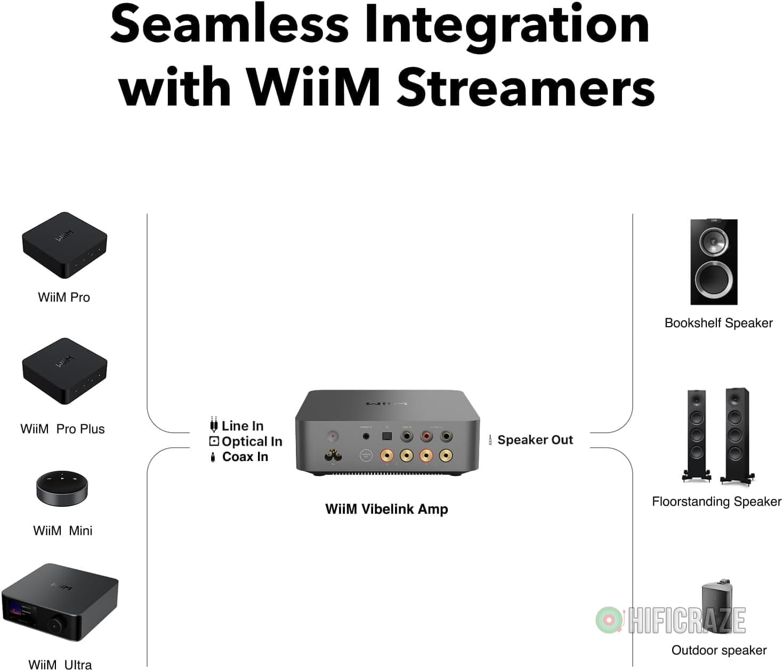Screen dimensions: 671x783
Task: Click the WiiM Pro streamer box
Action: [x=64, y=245]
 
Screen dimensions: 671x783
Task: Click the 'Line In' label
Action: [x=242, y=426]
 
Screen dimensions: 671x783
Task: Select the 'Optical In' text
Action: [x=252, y=441]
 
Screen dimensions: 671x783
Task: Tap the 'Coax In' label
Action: [x=245, y=457]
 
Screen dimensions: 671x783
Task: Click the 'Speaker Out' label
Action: [x=535, y=440]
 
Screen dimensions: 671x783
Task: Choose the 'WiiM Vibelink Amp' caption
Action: [x=386, y=509]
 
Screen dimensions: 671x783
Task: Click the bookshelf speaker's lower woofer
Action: [x=714, y=278]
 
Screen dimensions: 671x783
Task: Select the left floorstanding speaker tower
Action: [x=697, y=434]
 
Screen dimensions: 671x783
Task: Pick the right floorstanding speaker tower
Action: [x=736, y=434]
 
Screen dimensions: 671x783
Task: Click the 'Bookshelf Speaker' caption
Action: [x=718, y=323]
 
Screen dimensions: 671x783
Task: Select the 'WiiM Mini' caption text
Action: [x=62, y=531]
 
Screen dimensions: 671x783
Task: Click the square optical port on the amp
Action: [x=386, y=436]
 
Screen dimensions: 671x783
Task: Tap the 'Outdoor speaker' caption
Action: [x=719, y=650]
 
